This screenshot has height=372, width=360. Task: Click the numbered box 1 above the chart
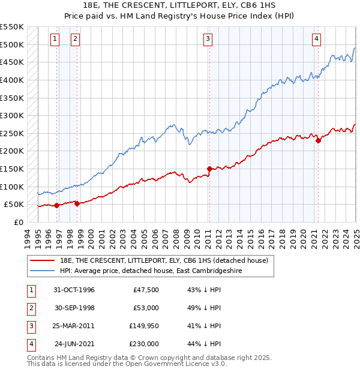55,39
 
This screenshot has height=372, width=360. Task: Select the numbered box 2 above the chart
75,39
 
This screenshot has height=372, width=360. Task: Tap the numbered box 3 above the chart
208,39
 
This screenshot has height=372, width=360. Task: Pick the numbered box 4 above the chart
316,39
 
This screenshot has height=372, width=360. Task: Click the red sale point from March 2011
209,169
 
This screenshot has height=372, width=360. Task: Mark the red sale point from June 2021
319,140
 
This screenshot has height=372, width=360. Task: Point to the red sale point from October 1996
56,205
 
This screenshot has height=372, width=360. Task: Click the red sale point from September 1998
77,203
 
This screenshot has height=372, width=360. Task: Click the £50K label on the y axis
14,205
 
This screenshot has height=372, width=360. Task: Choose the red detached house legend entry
159,260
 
